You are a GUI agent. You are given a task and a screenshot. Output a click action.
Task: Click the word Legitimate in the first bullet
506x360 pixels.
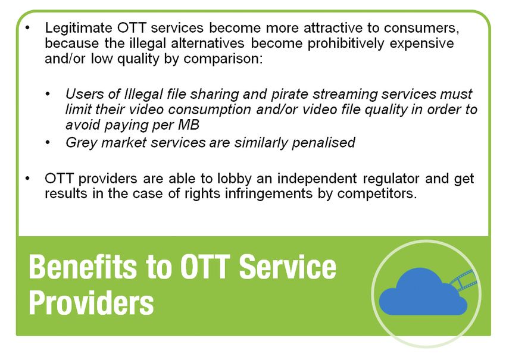click(79, 28)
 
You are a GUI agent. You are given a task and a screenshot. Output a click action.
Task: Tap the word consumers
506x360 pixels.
click(421, 28)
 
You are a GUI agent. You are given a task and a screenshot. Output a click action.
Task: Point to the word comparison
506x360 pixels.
click(223, 59)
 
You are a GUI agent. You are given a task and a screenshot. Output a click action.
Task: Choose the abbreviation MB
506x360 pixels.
click(189, 125)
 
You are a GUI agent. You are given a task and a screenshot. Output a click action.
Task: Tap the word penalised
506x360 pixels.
click(323, 143)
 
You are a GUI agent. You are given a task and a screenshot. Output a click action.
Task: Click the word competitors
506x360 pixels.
click(377, 194)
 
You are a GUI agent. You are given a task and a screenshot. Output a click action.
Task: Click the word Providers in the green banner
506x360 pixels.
click(91, 303)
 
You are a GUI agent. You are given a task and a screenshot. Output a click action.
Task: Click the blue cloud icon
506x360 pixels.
click(423, 292)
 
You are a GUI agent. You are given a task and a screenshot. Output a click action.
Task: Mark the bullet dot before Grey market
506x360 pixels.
click(48, 143)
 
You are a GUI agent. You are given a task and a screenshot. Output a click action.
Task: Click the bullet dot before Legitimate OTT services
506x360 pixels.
click(27, 28)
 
